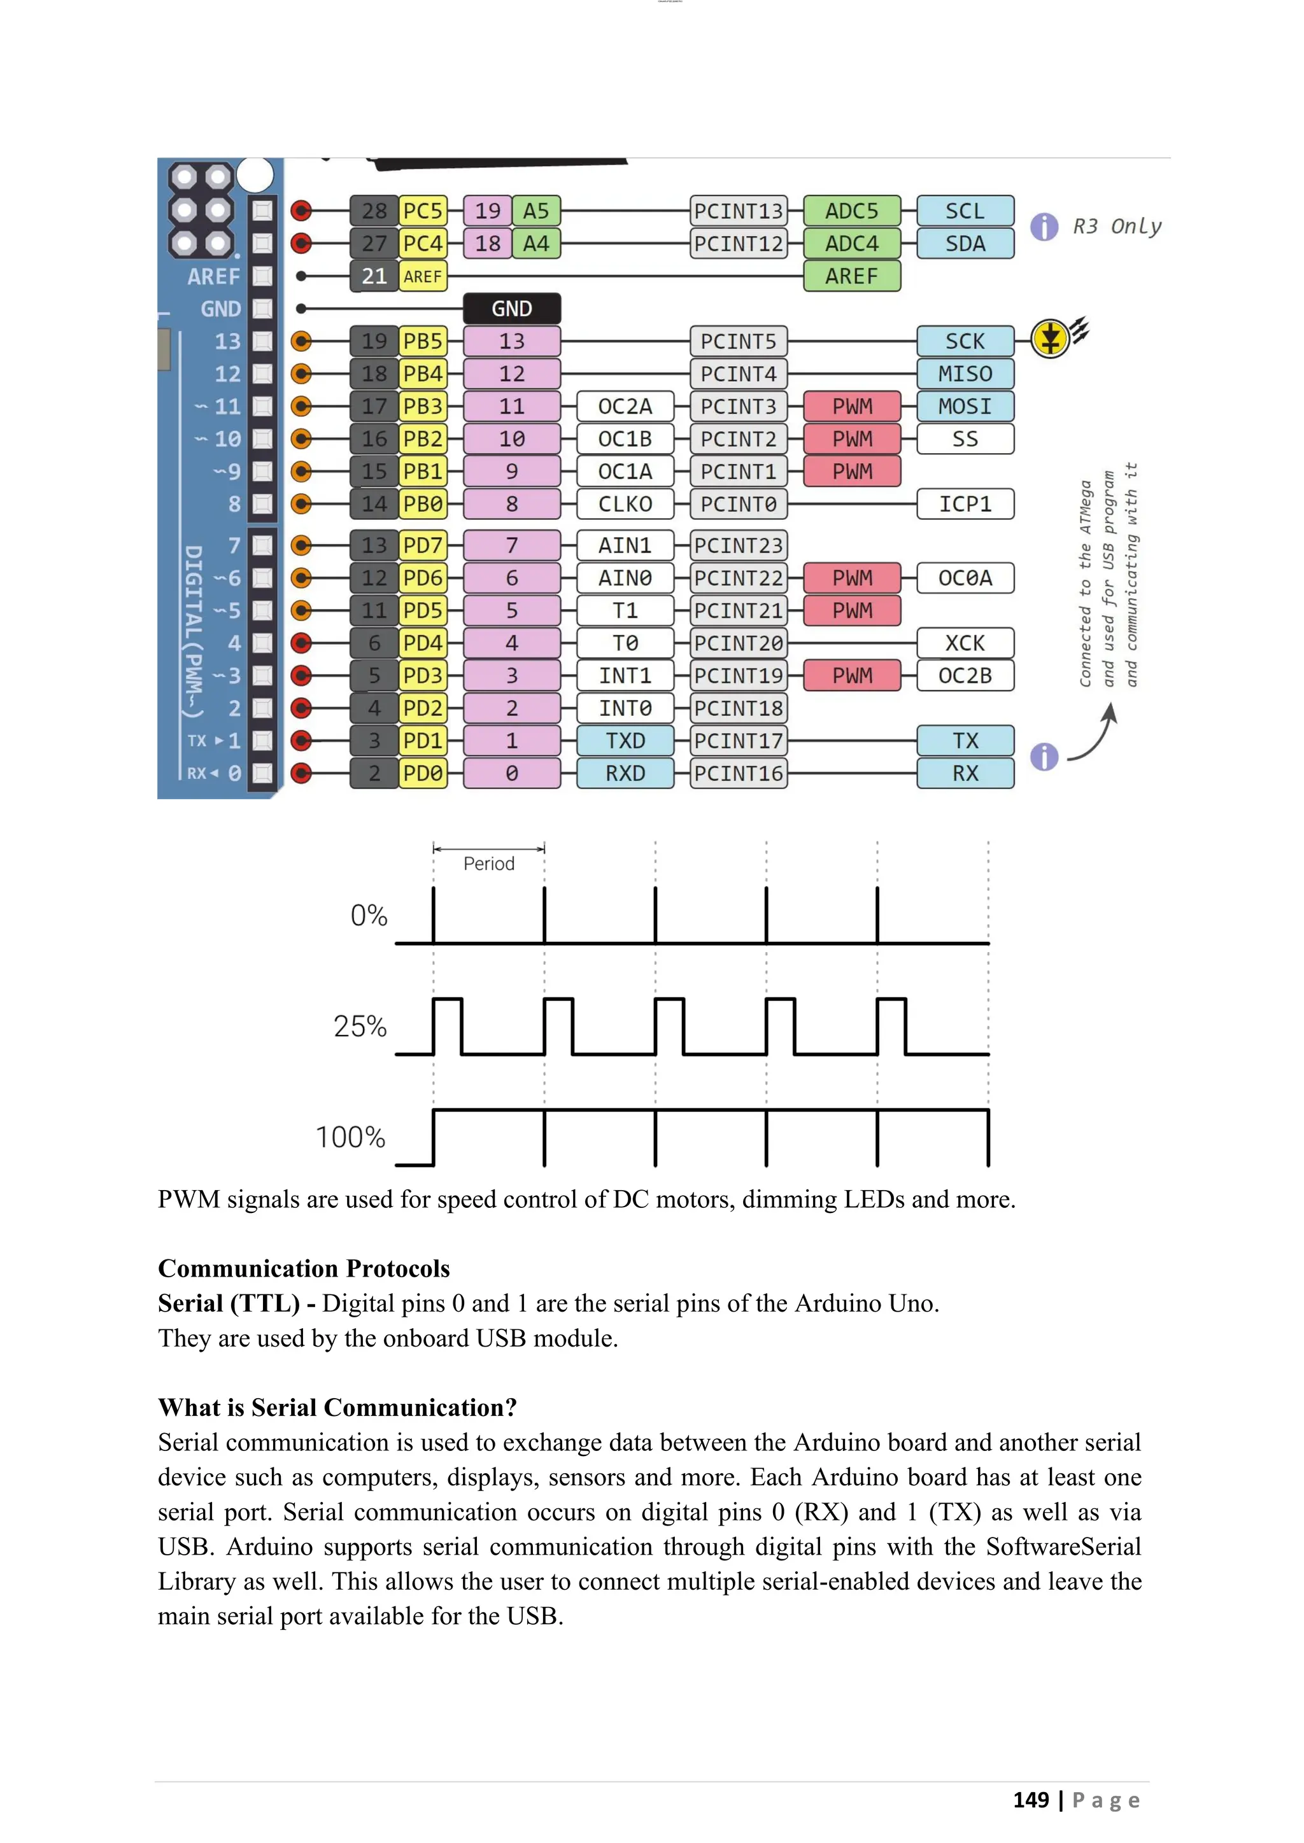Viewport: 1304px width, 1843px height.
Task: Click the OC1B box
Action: click(x=625, y=439)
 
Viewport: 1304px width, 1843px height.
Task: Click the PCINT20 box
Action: click(x=738, y=643)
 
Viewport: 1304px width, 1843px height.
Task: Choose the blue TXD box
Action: click(x=625, y=740)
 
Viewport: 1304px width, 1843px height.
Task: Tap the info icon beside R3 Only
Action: click(x=1044, y=227)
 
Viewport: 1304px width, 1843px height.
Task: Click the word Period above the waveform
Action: click(x=488, y=864)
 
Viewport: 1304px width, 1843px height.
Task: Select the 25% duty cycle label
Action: click(x=360, y=1027)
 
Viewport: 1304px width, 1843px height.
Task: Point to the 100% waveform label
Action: click(x=350, y=1137)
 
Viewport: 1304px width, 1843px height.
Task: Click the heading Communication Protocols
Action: click(x=304, y=1268)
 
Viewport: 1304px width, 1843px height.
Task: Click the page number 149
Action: click(x=1030, y=1800)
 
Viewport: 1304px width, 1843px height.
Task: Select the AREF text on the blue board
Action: click(x=213, y=277)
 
